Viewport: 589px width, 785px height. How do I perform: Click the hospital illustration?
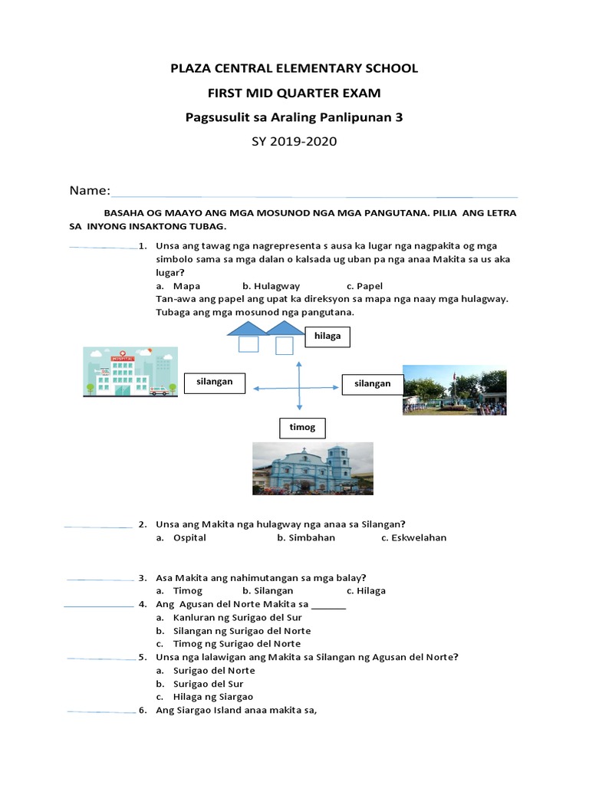130,372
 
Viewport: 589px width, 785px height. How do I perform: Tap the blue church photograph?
313,468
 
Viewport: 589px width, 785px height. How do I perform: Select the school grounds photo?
454,391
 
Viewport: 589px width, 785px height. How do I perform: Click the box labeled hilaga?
327,336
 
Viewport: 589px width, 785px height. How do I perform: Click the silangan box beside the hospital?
215,382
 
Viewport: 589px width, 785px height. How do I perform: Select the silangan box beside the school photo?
372,383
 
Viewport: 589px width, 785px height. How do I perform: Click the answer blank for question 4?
99,606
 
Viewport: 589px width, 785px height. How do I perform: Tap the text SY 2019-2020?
294,142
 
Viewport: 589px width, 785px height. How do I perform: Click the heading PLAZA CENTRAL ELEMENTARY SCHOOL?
294,68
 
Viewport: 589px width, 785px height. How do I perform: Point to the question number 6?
143,711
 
